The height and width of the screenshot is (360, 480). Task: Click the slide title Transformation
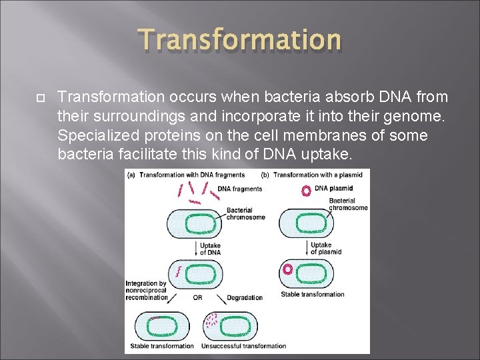(x=240, y=40)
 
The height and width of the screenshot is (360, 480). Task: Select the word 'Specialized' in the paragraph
(x=91, y=136)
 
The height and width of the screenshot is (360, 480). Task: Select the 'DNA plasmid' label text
(x=335, y=189)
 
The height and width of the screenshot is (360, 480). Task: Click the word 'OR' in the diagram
(x=198, y=297)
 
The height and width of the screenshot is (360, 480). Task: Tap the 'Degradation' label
(x=244, y=297)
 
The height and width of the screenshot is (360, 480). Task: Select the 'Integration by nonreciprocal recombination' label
(x=147, y=291)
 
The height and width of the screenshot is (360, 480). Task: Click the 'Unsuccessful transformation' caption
(x=253, y=346)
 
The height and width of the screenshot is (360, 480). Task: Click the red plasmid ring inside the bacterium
(x=289, y=271)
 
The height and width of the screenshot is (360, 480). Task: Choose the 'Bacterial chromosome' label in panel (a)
(x=245, y=213)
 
